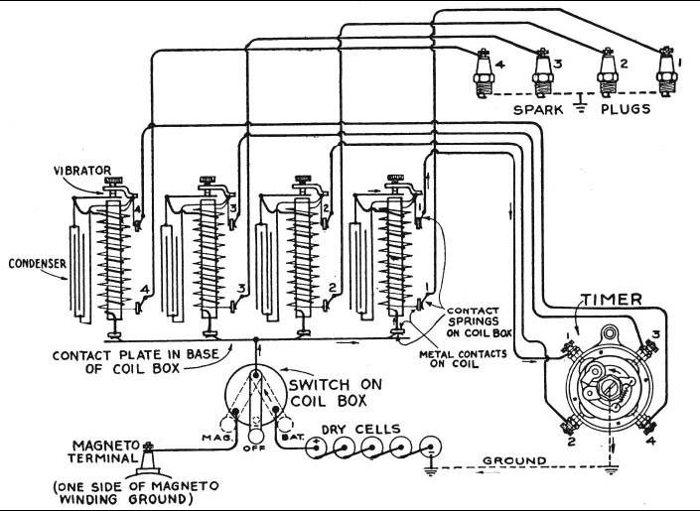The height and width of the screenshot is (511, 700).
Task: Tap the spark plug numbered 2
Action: (604, 72)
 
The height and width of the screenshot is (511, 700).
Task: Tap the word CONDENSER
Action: (33, 265)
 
